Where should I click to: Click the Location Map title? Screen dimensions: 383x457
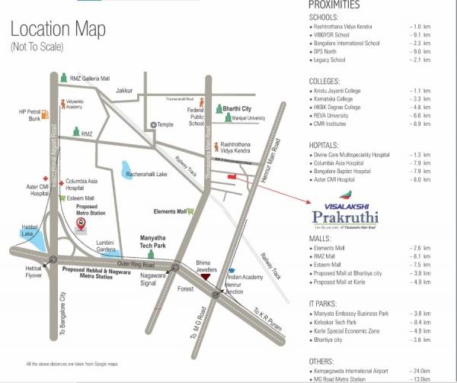(58, 31)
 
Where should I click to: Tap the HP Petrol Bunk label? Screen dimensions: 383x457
(31, 114)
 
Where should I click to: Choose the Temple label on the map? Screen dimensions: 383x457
(167, 124)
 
